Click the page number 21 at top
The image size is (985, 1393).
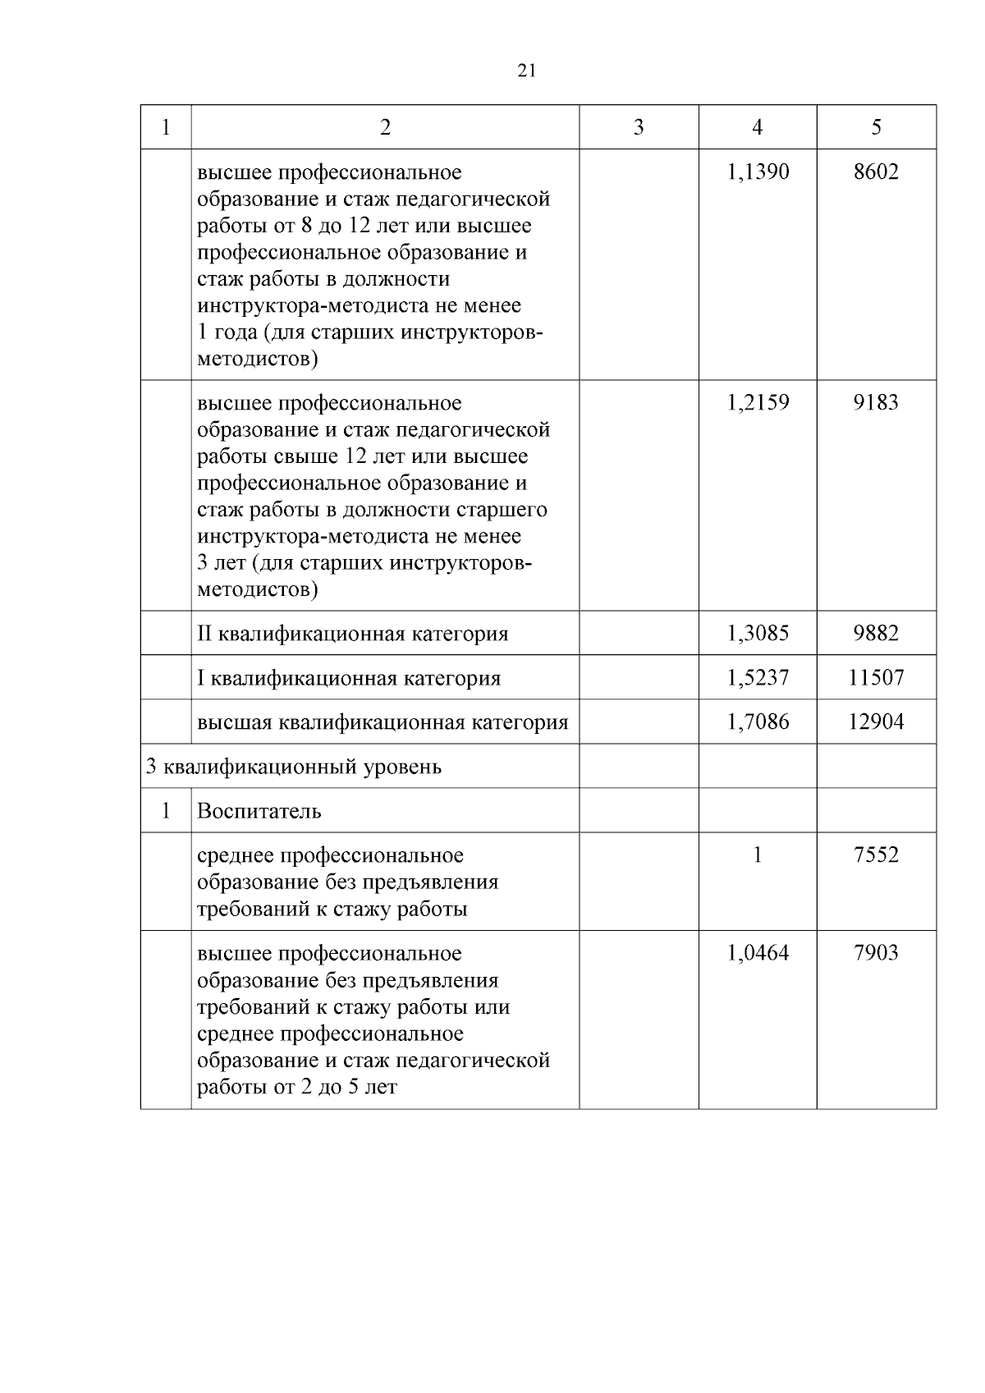coord(527,71)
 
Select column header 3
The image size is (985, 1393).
coord(639,127)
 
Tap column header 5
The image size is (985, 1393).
coord(876,127)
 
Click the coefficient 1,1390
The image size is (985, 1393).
coord(757,172)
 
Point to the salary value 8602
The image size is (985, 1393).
coord(876,172)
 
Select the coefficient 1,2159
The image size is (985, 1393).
coord(757,402)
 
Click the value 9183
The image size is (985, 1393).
coord(876,402)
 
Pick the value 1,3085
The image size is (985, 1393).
coord(757,633)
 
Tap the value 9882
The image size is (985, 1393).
coord(876,633)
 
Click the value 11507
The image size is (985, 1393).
coord(876,677)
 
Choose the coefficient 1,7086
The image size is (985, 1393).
coord(757,722)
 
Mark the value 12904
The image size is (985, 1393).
coord(876,722)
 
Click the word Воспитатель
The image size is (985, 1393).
coord(259,811)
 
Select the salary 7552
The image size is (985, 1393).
coord(876,855)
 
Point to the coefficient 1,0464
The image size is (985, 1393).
coord(757,953)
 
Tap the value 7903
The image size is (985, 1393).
coord(876,953)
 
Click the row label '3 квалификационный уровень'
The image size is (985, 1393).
coord(294,767)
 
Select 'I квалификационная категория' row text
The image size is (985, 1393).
coord(349,678)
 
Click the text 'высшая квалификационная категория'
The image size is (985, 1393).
coord(383,722)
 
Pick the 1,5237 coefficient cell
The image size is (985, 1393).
coord(757,677)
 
